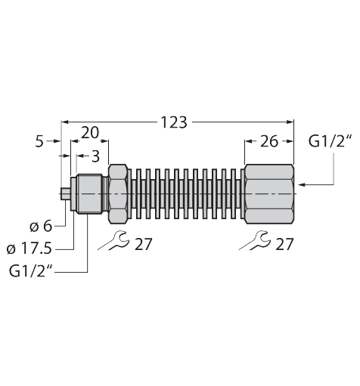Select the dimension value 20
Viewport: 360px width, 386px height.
[90, 133]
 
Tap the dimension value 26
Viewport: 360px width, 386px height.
[268, 141]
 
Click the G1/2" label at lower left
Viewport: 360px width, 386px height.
[32, 270]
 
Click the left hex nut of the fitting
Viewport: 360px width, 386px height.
[118, 193]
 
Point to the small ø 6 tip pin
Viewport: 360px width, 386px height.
[65, 193]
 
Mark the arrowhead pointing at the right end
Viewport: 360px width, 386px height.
[303, 184]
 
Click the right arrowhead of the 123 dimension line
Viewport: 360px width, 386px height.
[289, 122]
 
